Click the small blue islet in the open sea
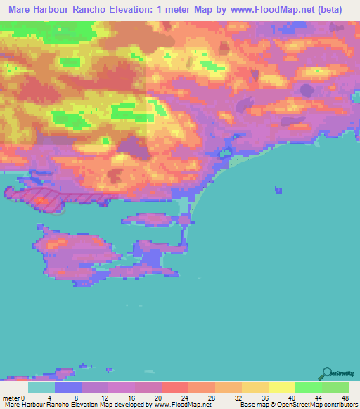(x=279, y=189)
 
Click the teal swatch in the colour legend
(x=42, y=387)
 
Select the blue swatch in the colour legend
(x=69, y=387)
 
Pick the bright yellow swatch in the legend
(x=282, y=387)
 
